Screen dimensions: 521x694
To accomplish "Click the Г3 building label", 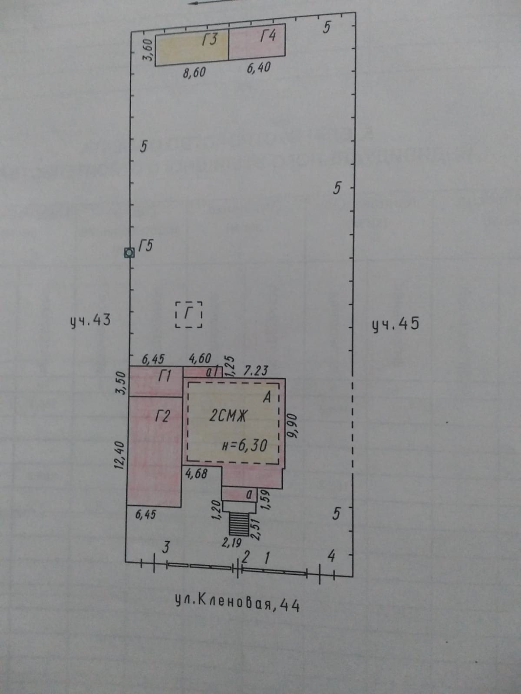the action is pyautogui.click(x=209, y=40).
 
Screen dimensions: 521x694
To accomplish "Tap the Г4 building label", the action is pyautogui.click(x=268, y=35).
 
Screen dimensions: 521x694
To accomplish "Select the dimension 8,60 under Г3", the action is pyautogui.click(x=194, y=72).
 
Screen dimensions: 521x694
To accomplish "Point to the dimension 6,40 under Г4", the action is pyautogui.click(x=259, y=68).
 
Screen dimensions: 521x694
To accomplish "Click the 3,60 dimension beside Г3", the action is pyautogui.click(x=148, y=50).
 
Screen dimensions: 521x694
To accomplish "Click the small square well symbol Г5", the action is pyautogui.click(x=129, y=252).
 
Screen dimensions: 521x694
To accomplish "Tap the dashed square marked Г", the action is pyautogui.click(x=189, y=314).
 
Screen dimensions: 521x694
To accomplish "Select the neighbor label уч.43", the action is pyautogui.click(x=91, y=321).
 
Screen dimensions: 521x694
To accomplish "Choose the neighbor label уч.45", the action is pyautogui.click(x=396, y=324).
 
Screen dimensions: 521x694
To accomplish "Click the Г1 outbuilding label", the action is pyautogui.click(x=165, y=376).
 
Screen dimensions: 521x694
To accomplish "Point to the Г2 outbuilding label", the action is pyautogui.click(x=162, y=416).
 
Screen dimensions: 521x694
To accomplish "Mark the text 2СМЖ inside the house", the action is pyautogui.click(x=228, y=416).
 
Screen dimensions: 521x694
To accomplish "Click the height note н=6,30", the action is pyautogui.click(x=244, y=445).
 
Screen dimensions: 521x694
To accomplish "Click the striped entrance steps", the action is pyautogui.click(x=237, y=524).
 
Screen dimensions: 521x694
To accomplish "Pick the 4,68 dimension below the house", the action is pyautogui.click(x=196, y=474).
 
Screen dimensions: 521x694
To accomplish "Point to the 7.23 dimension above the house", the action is pyautogui.click(x=256, y=370).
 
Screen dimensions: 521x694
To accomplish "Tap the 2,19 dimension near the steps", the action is pyautogui.click(x=231, y=542).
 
